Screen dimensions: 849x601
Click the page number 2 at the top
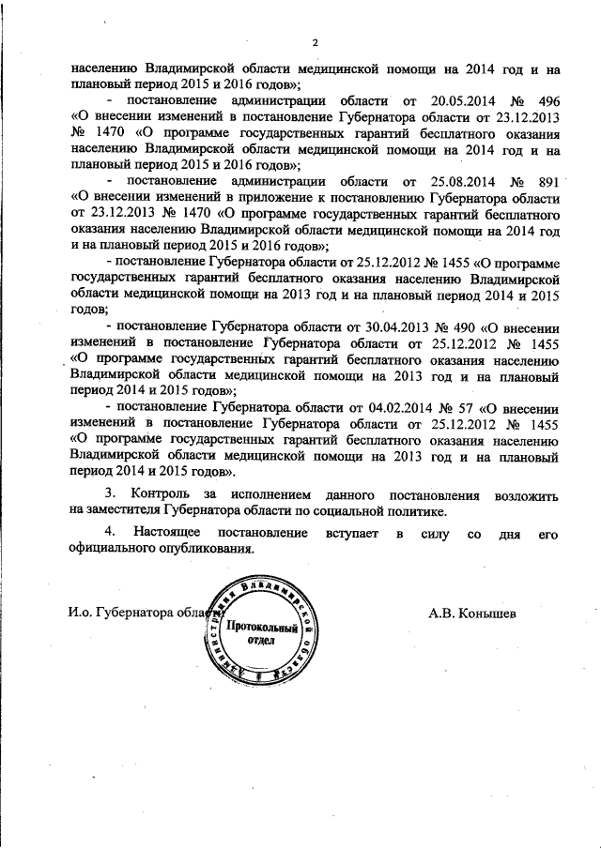point(316,42)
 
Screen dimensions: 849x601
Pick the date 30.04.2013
point(387,328)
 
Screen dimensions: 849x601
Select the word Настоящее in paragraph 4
point(172,535)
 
